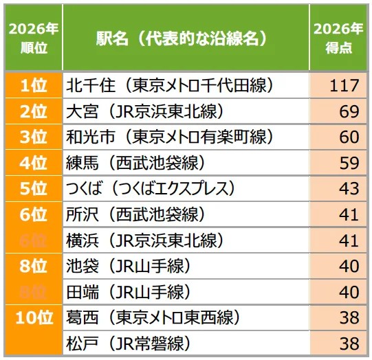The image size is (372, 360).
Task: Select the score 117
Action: pos(344,85)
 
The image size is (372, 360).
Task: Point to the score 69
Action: pos(349,111)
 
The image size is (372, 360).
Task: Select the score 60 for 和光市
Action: pos(349,137)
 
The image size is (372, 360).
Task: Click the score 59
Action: pos(349,163)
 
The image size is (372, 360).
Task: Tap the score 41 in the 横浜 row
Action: pos(349,240)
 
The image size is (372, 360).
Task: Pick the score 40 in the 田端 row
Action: pos(349,291)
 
